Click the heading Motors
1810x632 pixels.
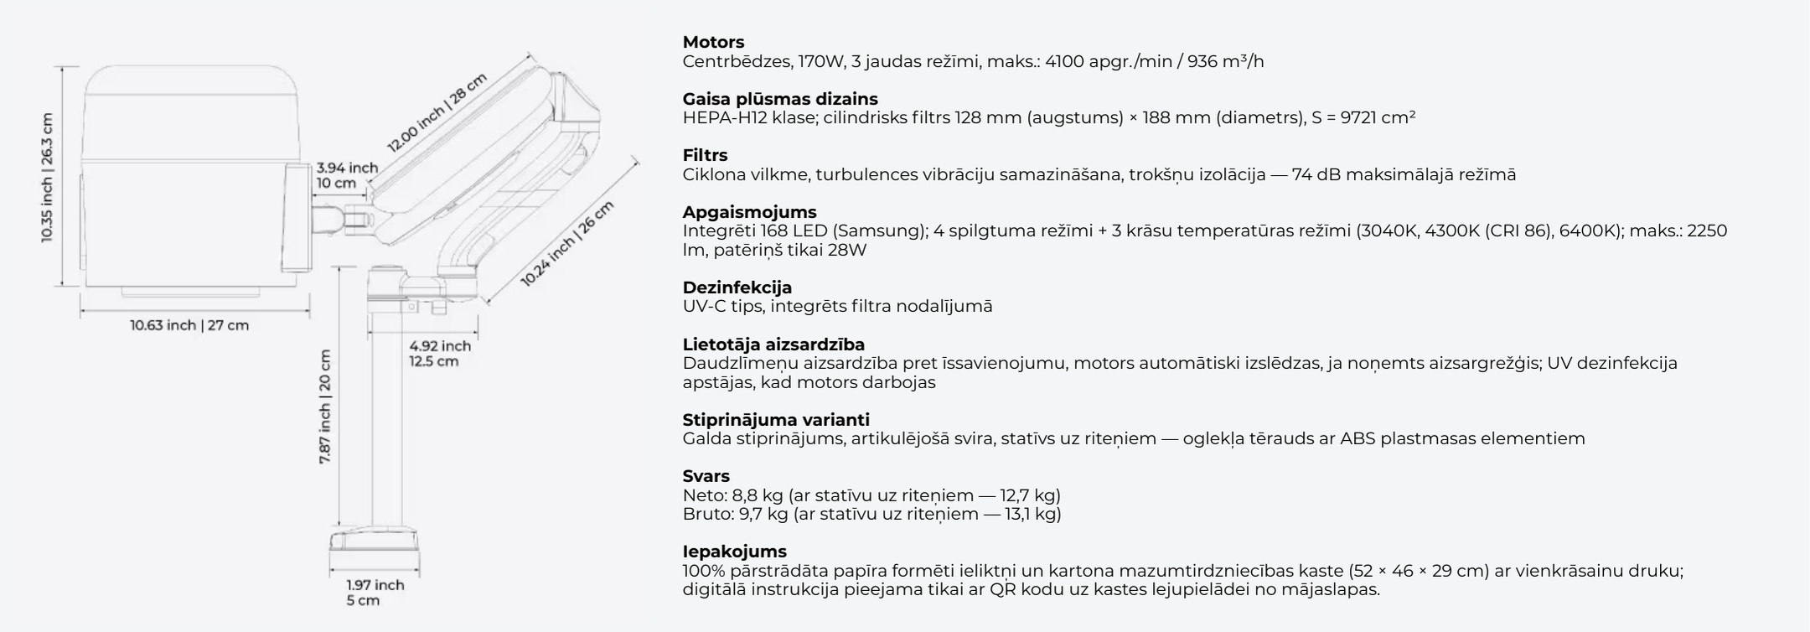pyautogui.click(x=713, y=42)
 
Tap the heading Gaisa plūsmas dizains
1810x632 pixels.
pyautogui.click(x=780, y=99)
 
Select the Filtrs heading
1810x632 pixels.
pyautogui.click(x=705, y=155)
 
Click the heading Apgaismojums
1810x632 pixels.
pyautogui.click(x=749, y=212)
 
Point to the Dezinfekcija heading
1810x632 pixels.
pyautogui.click(x=737, y=288)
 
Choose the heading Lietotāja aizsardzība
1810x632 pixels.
pyautogui.click(x=773, y=344)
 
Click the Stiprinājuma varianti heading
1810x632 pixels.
pyautogui.click(x=776, y=420)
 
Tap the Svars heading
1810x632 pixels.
pyautogui.click(x=706, y=476)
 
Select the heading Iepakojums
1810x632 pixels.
pyautogui.click(x=734, y=552)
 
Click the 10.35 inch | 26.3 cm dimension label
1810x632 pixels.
pyautogui.click(x=47, y=178)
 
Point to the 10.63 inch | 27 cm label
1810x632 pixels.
pyautogui.click(x=189, y=325)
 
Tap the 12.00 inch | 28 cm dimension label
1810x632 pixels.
pyautogui.click(x=437, y=112)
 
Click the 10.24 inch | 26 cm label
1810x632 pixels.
pyautogui.click(x=566, y=244)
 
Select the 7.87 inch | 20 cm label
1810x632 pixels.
pyautogui.click(x=325, y=407)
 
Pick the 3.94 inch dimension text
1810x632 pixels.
pyautogui.click(x=347, y=168)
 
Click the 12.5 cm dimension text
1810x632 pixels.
pyautogui.click(x=433, y=362)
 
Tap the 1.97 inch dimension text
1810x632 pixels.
pyautogui.click(x=375, y=585)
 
